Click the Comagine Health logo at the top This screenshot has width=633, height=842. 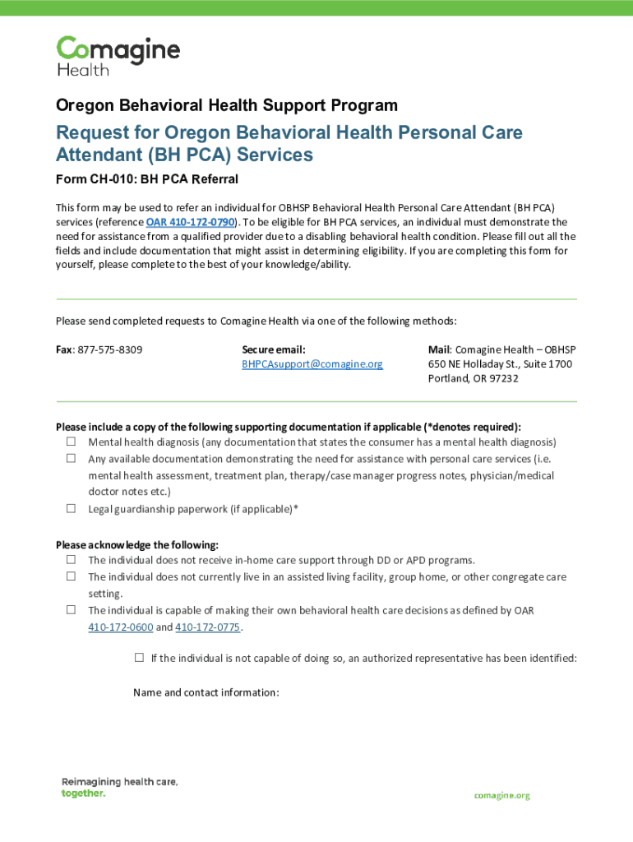(x=118, y=56)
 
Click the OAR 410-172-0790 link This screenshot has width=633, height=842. (x=191, y=223)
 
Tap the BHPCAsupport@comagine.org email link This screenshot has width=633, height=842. (x=312, y=363)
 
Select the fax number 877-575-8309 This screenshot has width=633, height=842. (x=109, y=349)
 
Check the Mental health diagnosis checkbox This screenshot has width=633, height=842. (x=71, y=442)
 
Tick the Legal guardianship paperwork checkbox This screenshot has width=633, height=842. (x=71, y=508)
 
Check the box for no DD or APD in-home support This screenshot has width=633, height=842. (x=71, y=559)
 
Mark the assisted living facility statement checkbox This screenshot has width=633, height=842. (x=71, y=576)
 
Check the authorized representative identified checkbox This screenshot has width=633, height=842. (x=139, y=658)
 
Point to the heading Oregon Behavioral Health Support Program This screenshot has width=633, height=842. (x=226, y=105)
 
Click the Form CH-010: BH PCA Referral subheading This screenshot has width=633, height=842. (x=146, y=179)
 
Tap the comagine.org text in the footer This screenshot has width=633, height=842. (x=501, y=796)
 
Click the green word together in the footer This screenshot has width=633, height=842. (x=83, y=793)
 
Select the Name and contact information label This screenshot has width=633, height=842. (x=206, y=692)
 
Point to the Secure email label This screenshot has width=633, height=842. (x=274, y=349)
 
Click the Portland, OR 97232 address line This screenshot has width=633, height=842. (x=473, y=378)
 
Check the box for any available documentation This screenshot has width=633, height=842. (x=71, y=458)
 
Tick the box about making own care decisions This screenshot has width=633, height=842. (x=71, y=609)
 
